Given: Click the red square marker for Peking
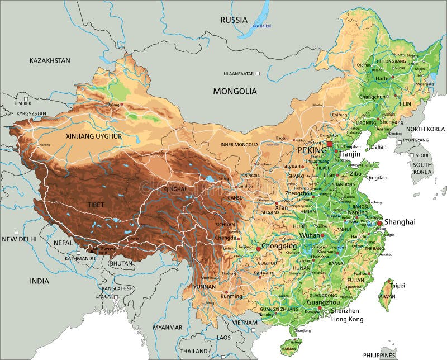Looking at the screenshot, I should click(330, 144).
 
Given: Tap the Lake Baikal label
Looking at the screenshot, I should click(260, 26).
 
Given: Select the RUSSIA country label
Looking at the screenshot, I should click(234, 20).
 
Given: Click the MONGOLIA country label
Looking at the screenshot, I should click(235, 91).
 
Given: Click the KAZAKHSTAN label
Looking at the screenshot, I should click(50, 60).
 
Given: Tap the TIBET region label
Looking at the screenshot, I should click(96, 205).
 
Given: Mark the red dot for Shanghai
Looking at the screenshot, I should click(380, 223).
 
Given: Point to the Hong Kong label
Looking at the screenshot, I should click(347, 319).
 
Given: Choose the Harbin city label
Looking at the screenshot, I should click(384, 79).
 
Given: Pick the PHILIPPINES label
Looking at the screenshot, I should click(379, 355).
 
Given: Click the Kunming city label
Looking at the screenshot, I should click(232, 296).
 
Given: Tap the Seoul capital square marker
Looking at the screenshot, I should click(412, 155).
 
